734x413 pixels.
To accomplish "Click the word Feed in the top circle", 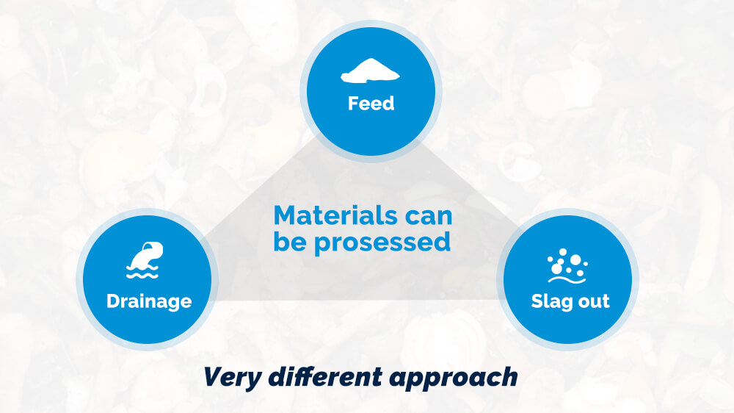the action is pyautogui.click(x=371, y=103).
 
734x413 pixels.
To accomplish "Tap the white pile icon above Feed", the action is pyautogui.click(x=370, y=71).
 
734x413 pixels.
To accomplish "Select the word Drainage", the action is pyautogui.click(x=149, y=301).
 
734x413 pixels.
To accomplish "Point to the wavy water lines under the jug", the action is pyautogui.click(x=142, y=273).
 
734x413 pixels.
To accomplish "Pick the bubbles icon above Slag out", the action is pyautogui.click(x=567, y=266).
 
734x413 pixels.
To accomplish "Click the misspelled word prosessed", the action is pyautogui.click(x=382, y=243).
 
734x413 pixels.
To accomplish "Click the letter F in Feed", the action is pyautogui.click(x=353, y=103).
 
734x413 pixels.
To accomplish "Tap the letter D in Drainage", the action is pyautogui.click(x=113, y=301).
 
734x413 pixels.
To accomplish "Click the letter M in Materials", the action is pyautogui.click(x=286, y=216).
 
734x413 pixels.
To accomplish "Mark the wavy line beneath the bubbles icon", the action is pyautogui.click(x=567, y=280).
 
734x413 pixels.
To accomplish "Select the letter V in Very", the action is pyautogui.click(x=213, y=376).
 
